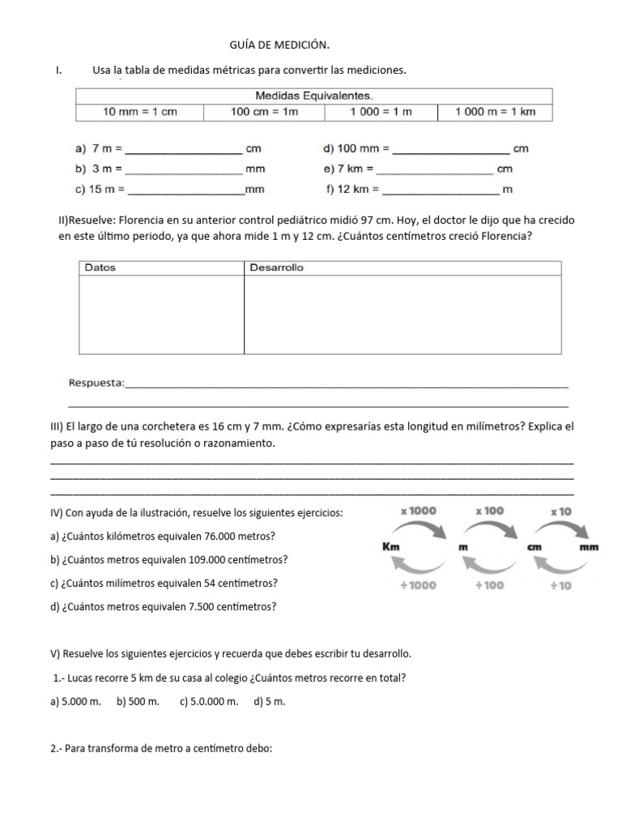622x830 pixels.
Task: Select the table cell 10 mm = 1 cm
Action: [x=139, y=112]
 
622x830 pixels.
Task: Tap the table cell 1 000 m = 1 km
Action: [x=495, y=112]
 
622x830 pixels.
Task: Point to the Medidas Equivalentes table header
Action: [x=313, y=96]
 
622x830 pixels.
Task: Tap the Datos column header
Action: [x=100, y=267]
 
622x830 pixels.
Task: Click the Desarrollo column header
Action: [x=276, y=267]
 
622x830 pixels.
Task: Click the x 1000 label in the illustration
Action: [x=418, y=511]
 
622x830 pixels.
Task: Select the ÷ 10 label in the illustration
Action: [x=561, y=585]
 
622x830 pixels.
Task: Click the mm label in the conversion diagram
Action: [x=589, y=547]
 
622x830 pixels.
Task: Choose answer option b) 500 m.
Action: [x=138, y=702]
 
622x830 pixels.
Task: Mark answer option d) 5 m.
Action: [x=269, y=702]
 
